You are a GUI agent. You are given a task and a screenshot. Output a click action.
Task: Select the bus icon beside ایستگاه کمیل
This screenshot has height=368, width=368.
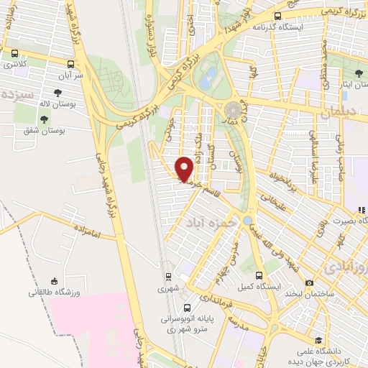coord(259,275)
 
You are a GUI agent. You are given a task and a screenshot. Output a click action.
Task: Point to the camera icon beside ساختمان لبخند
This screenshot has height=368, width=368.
coord(309,282)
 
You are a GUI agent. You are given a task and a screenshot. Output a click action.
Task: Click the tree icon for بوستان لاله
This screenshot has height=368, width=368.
coord(57,92)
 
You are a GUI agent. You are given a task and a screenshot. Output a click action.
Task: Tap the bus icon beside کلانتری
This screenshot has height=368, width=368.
coord(15,53)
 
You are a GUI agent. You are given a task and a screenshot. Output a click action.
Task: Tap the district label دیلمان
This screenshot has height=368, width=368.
coord(339,113)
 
